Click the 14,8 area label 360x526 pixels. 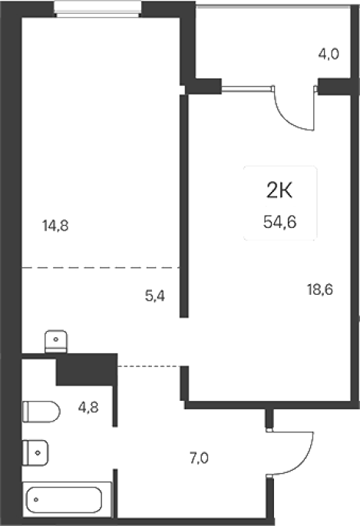55,226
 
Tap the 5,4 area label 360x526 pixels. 155,296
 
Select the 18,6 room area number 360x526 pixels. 320,289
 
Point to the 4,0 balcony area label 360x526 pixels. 329,54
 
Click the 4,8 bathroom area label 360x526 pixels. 88,408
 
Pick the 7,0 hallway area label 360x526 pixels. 199,458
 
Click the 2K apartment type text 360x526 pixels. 279,192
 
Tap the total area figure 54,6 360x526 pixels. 280,222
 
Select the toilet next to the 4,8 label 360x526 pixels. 41,412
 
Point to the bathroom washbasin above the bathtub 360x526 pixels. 35,453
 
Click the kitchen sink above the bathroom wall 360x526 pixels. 56,342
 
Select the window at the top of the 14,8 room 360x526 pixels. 97,8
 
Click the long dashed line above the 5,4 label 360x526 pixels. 101,268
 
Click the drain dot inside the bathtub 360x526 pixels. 36,499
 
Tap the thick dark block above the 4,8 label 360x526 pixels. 87,369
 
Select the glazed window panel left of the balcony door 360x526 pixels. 247,88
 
